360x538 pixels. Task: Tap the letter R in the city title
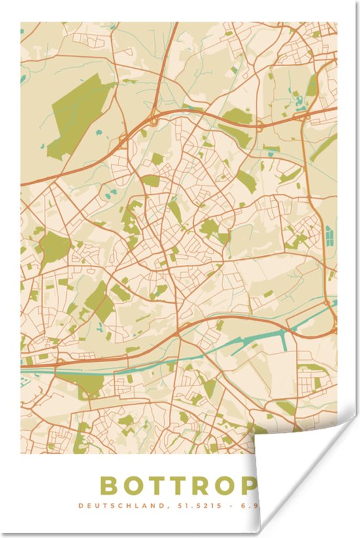pyautogui.click(x=203, y=486)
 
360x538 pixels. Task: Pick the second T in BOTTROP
pyautogui.click(x=179, y=486)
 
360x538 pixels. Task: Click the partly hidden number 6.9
pyautogui.click(x=246, y=506)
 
